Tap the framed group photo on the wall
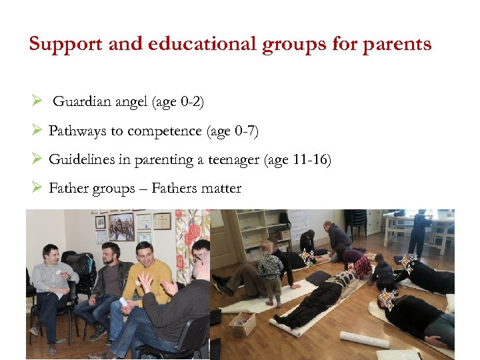121,227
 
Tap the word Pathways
77,131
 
